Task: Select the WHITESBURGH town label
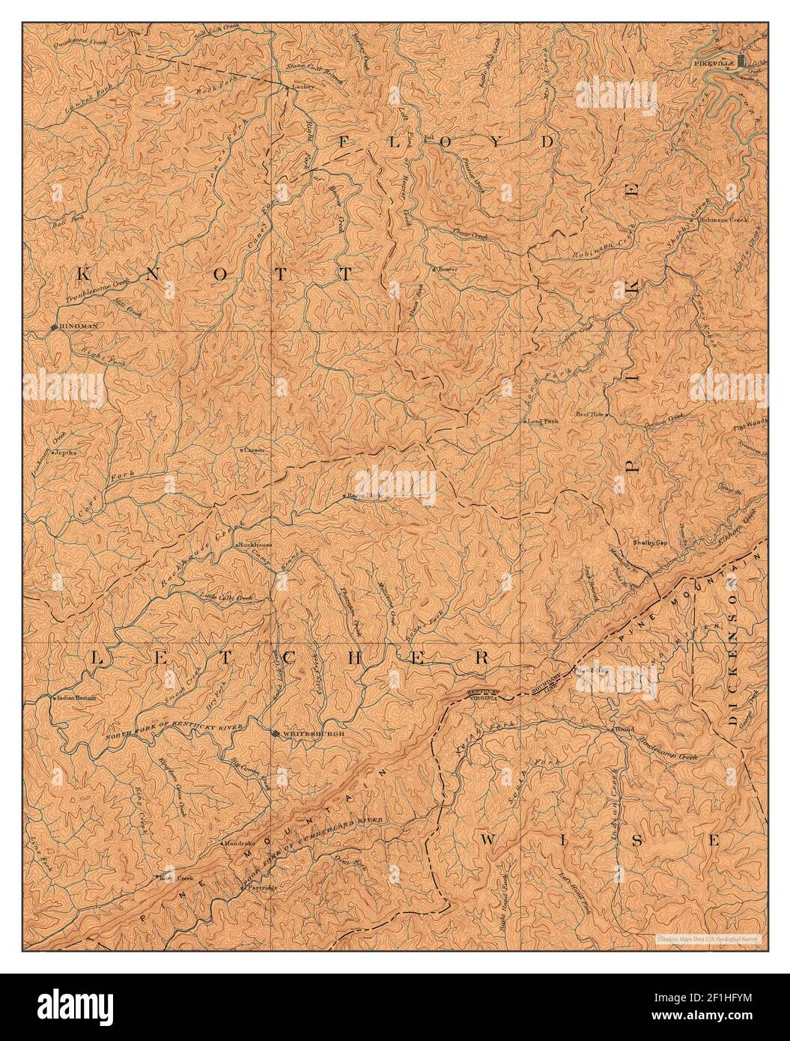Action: point(314,734)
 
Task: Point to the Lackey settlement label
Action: point(303,87)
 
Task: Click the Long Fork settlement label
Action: point(543,422)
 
